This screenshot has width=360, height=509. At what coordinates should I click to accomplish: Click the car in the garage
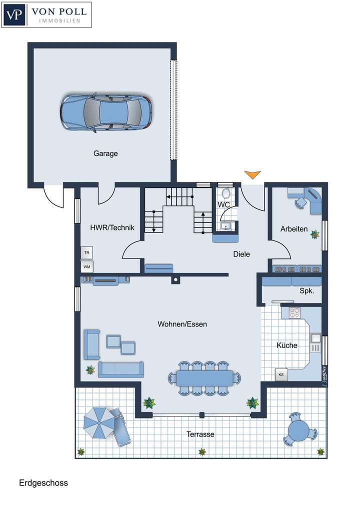106,113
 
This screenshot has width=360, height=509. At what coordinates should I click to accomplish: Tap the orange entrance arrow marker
252,174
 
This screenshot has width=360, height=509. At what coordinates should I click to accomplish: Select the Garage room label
105,153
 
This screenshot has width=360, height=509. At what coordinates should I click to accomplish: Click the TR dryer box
87,253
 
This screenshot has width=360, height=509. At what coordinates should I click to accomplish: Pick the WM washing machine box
87,266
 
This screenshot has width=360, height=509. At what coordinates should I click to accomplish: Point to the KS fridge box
281,374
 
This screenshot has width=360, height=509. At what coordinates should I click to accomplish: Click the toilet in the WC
225,194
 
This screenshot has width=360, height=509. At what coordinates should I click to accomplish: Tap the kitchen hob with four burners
293,313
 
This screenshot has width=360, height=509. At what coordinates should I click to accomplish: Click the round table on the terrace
299,429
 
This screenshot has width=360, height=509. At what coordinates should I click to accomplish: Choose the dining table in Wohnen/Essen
204,377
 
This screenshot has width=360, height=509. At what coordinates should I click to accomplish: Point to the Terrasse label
200,434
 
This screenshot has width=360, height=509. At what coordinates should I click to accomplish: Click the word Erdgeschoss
43,483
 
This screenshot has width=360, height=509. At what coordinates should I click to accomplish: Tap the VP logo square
15,15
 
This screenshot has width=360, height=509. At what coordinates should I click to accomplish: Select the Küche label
287,345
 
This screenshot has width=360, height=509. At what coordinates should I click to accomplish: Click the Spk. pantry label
306,290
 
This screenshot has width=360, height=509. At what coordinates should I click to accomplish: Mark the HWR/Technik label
112,228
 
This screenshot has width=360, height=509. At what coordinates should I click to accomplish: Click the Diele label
241,254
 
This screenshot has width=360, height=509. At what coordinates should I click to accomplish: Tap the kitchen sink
315,338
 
